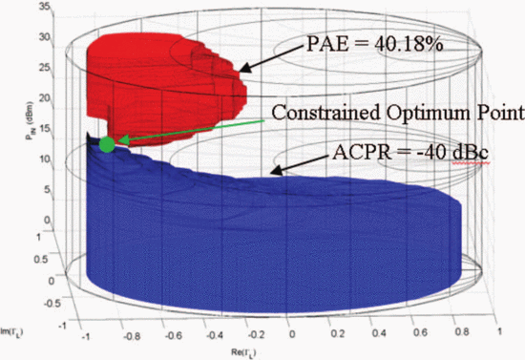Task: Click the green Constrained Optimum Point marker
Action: [107, 143]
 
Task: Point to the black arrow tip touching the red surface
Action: [241, 70]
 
